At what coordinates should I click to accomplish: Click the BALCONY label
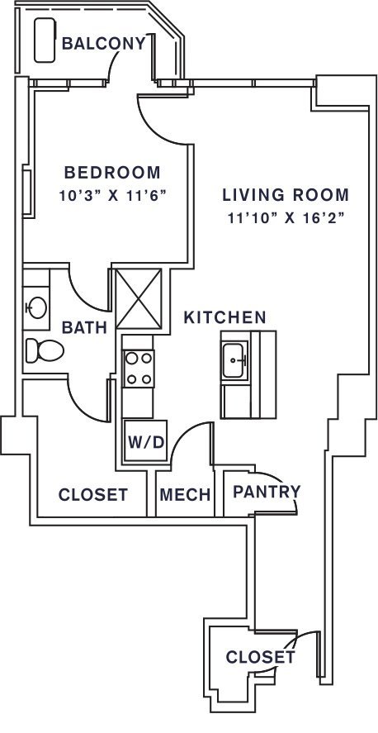(104, 44)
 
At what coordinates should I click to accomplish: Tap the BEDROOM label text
(112, 172)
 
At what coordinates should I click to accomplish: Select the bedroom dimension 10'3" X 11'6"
(112, 196)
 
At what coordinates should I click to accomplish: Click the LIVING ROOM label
(285, 194)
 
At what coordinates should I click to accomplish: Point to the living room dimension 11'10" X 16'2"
(286, 218)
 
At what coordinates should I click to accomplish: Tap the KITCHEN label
(224, 317)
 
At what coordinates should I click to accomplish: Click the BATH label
(84, 327)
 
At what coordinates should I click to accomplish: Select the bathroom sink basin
(37, 307)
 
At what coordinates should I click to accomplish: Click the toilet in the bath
(45, 350)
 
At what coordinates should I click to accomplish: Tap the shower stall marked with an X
(139, 298)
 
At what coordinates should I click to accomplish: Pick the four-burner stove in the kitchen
(139, 369)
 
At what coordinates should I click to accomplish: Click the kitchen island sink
(234, 360)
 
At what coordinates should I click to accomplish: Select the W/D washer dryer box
(145, 440)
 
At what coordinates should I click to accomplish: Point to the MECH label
(185, 494)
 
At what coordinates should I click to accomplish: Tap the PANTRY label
(267, 492)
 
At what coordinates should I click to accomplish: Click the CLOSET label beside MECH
(93, 494)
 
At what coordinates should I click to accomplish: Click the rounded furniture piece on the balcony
(45, 40)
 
